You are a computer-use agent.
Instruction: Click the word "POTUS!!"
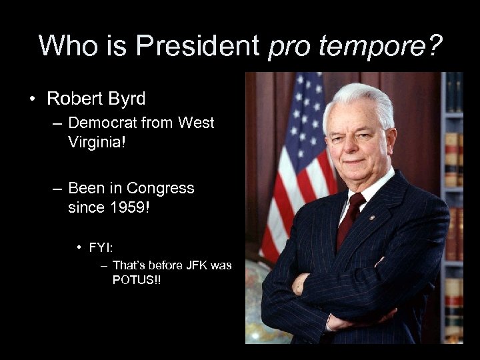click(137, 279)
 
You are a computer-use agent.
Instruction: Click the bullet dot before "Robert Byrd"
click(32, 100)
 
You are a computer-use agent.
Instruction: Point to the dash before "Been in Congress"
click(59, 189)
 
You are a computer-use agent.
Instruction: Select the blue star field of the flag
click(308, 100)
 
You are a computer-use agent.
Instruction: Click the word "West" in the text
click(197, 123)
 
